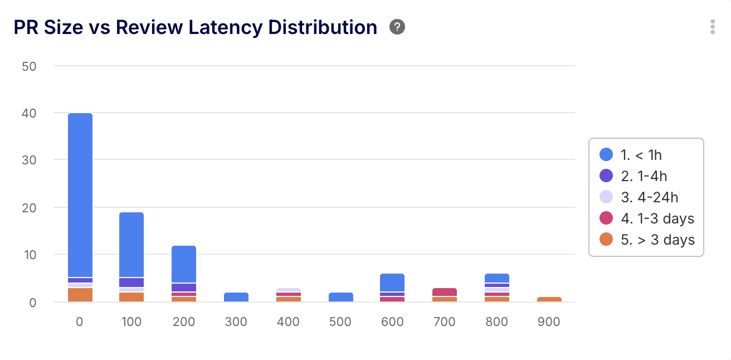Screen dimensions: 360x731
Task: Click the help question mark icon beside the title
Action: point(397,27)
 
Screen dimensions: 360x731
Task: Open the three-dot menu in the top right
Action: point(713,27)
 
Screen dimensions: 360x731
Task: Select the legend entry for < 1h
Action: point(641,155)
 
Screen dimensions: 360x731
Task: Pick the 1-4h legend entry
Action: point(644,176)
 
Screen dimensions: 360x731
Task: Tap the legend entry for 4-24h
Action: point(649,197)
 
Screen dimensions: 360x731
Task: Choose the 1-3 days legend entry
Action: point(657,218)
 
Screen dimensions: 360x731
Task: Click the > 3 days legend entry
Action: point(657,240)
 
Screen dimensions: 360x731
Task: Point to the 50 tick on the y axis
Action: point(28,66)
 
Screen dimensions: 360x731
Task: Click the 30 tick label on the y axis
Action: point(28,160)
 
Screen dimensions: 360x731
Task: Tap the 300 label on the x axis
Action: point(236,322)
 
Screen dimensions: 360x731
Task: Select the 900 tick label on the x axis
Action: point(549,322)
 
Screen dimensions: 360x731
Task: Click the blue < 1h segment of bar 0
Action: point(80,195)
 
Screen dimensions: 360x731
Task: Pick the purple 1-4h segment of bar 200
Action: point(183,288)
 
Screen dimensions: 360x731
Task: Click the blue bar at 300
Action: point(236,297)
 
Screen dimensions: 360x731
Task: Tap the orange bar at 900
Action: point(549,299)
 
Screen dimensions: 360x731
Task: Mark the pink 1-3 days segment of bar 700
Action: point(444,292)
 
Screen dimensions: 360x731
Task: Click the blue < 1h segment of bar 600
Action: point(392,283)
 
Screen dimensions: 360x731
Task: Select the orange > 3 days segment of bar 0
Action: point(80,295)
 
